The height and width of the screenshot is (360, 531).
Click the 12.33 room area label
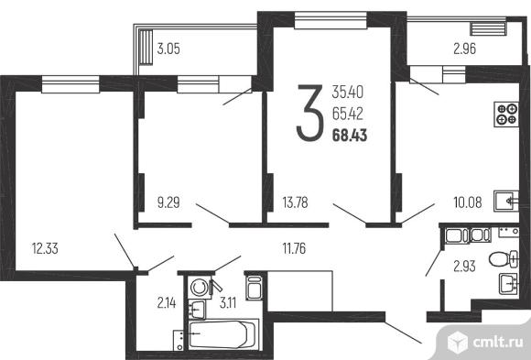click(45, 248)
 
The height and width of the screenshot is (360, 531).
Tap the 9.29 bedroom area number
click(168, 202)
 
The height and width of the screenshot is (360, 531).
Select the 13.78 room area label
click(296, 202)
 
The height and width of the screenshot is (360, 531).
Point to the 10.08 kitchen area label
click(467, 202)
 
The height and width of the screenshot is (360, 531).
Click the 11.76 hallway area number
click(294, 248)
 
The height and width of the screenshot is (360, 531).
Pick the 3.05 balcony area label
click(168, 49)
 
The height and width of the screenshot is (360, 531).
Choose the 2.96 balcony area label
click(465, 49)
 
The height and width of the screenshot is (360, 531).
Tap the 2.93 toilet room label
click(464, 266)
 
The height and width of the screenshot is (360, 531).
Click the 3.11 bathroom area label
click(228, 302)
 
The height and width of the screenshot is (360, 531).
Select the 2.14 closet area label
click(167, 302)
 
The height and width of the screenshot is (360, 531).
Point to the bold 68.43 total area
click(350, 136)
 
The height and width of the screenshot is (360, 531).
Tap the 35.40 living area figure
click(348, 92)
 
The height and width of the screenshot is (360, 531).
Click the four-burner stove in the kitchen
click(506, 115)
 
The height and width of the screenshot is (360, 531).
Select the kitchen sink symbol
click(506, 202)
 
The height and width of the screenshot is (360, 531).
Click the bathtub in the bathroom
click(222, 334)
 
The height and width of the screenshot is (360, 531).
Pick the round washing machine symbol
click(200, 288)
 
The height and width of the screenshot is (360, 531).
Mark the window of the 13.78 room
click(331, 20)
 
